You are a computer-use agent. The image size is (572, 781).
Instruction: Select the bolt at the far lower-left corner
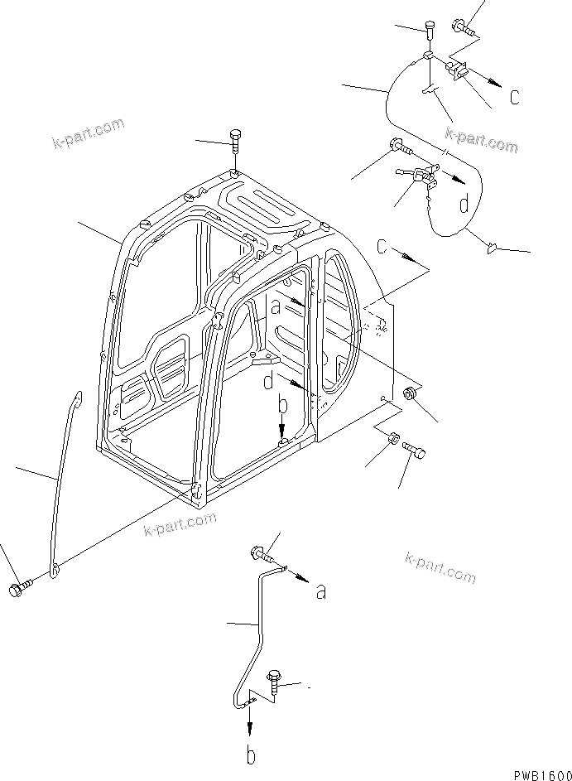pyautogui.click(x=19, y=589)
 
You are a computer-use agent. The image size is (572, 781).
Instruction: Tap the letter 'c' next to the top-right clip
pyautogui.click(x=515, y=97)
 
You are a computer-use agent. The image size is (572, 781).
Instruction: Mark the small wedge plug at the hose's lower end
pyautogui.click(x=492, y=245)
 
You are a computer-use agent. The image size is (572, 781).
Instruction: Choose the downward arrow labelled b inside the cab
pyautogui.click(x=281, y=427)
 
